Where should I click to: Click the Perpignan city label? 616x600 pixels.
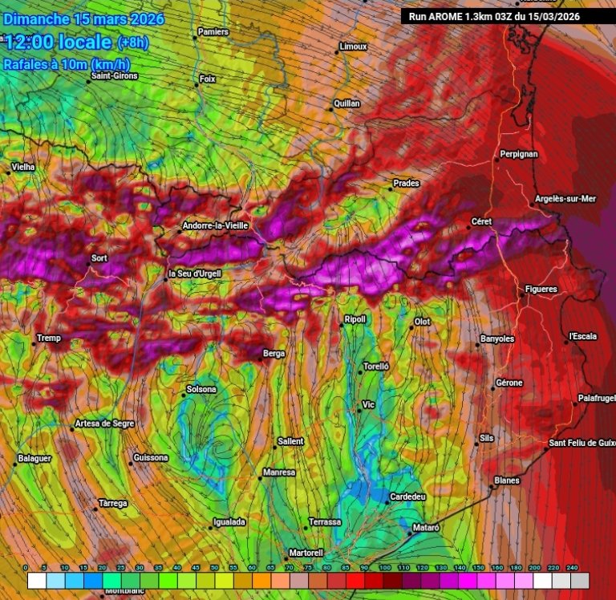click(519, 153)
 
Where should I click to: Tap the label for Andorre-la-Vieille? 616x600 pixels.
click(216, 225)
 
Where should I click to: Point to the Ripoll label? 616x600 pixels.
click(355, 319)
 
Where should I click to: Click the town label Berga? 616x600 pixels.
click(274, 352)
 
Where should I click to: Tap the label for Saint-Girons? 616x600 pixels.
click(115, 76)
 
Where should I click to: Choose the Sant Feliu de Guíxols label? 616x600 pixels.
click(582, 443)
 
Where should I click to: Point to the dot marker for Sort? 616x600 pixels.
click(88, 263)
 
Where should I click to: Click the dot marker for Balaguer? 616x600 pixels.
click(15, 464)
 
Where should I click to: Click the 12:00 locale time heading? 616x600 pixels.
click(59, 42)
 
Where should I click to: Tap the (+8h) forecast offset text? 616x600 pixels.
click(132, 43)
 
